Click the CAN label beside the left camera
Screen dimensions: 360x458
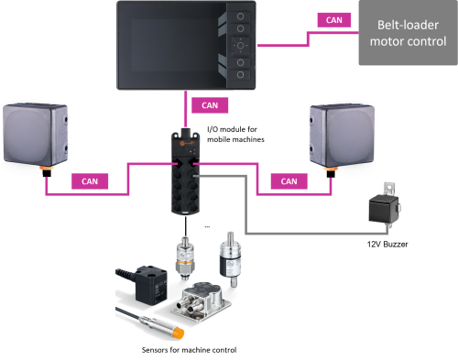(x=90, y=180)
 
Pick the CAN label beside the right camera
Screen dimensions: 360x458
(x=289, y=180)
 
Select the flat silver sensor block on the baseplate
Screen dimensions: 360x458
(x=202, y=295)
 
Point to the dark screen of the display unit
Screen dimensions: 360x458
(x=174, y=45)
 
